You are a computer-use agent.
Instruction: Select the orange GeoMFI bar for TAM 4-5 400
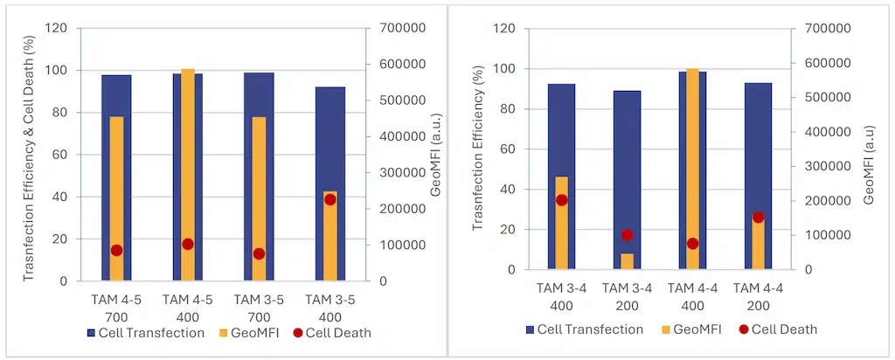[187, 175]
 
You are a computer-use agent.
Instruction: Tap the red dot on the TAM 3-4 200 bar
[627, 235]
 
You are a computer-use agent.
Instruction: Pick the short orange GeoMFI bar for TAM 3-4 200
[627, 261]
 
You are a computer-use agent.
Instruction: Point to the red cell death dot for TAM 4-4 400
[692, 244]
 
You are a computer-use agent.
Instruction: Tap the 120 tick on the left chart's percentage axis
[57, 28]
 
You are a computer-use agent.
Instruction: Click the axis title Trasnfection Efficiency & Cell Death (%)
[28, 154]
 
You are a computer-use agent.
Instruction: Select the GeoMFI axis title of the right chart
[869, 149]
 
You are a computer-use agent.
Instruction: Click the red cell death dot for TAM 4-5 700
[116, 250]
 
